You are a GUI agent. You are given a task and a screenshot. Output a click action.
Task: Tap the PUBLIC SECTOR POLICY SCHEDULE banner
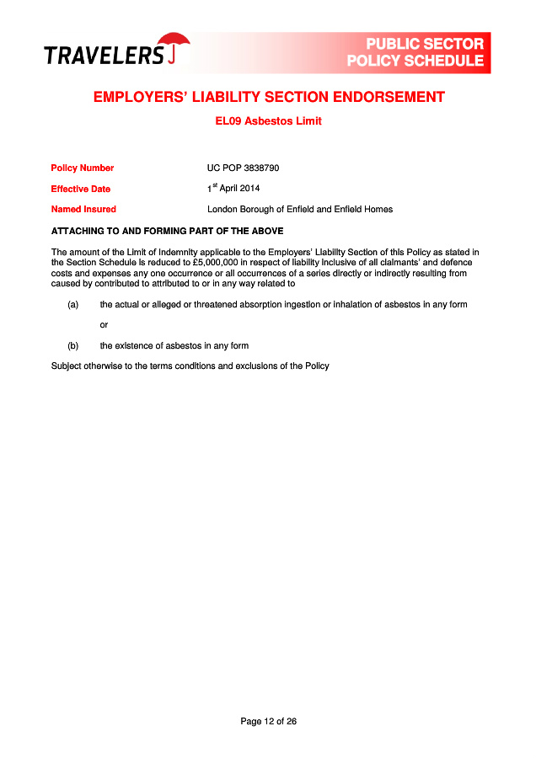415,52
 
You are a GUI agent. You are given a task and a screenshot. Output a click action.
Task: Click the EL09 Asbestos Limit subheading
268,121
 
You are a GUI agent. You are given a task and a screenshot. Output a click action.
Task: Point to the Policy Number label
82,168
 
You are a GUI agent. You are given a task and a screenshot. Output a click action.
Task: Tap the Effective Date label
80,189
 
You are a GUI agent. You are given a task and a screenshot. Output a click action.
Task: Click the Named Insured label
83,209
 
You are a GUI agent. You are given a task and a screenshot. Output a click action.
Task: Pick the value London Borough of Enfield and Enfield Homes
300,209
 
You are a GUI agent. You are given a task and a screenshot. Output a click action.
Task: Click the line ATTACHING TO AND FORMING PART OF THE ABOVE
167,231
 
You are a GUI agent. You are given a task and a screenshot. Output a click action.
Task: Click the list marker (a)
73,304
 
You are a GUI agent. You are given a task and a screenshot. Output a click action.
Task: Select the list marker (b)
73,345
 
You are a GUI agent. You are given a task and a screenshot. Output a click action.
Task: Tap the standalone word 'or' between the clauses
104,324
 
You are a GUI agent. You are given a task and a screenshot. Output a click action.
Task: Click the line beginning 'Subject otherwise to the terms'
190,366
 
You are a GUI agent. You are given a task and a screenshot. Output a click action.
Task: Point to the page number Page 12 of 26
268,721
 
